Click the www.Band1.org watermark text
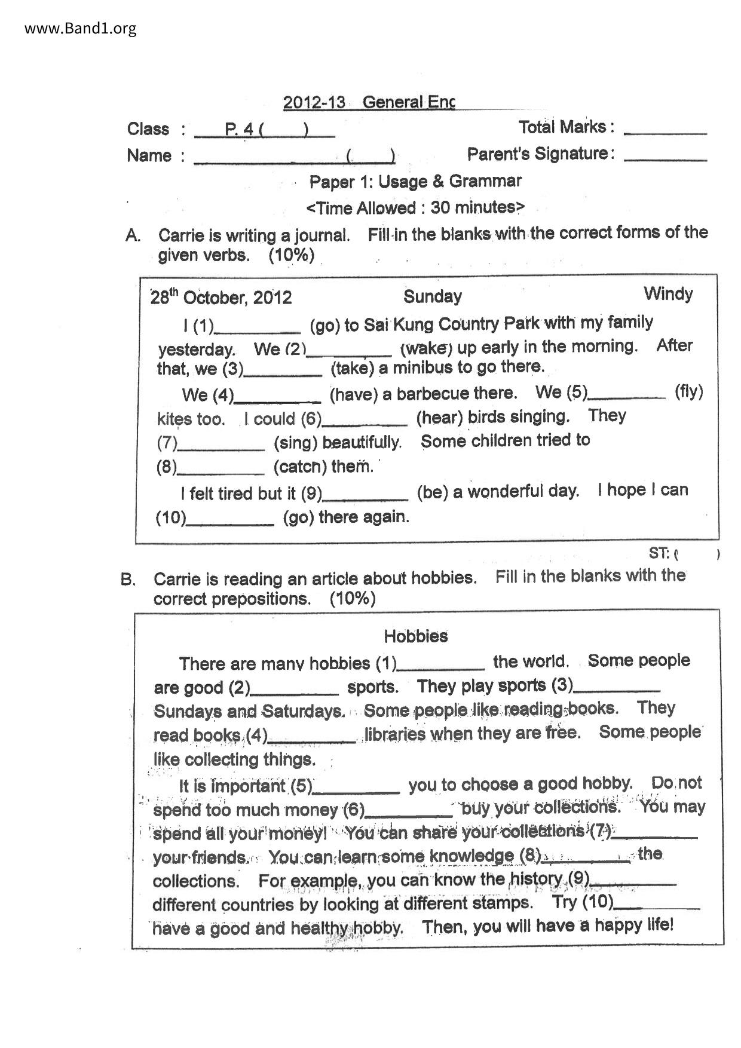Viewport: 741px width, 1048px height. click(x=80, y=28)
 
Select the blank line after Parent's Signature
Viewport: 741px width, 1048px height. click(x=665, y=158)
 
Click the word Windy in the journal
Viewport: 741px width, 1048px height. click(x=668, y=294)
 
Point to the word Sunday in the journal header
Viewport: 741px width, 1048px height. click(x=432, y=296)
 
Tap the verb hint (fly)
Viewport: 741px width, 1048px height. click(x=688, y=393)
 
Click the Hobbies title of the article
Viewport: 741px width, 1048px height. click(x=416, y=636)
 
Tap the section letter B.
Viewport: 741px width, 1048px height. click(x=128, y=580)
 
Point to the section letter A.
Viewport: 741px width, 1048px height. click(x=133, y=235)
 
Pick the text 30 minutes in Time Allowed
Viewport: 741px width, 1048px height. click(x=473, y=207)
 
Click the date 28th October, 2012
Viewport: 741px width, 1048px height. click(x=221, y=297)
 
